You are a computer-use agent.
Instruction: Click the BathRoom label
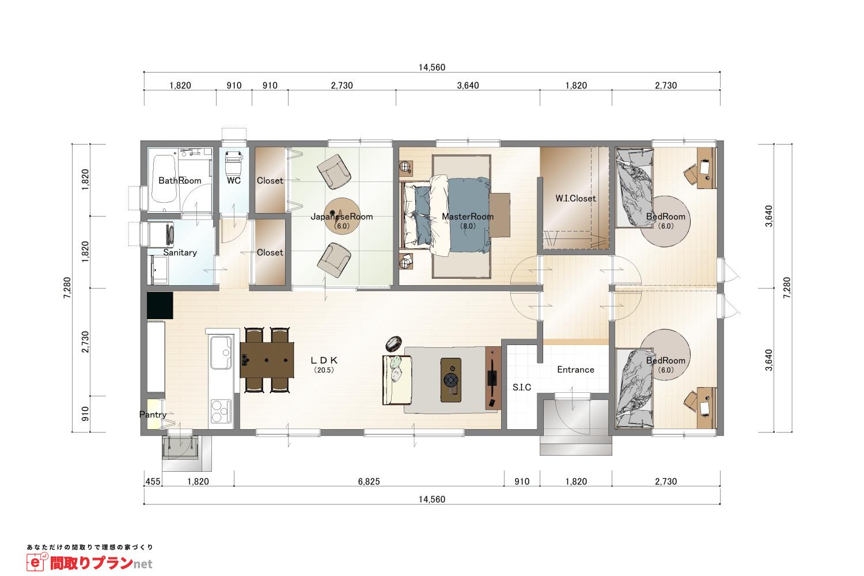click(x=180, y=180)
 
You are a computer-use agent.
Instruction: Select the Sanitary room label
click(x=180, y=253)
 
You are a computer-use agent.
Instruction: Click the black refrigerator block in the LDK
click(x=160, y=305)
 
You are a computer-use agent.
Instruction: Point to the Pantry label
click(x=153, y=415)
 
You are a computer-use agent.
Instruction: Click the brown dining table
click(x=267, y=360)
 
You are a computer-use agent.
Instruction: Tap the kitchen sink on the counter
click(x=221, y=353)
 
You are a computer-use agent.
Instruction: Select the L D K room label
click(x=324, y=361)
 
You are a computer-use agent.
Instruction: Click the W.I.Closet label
click(x=575, y=199)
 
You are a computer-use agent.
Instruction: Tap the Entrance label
click(x=575, y=370)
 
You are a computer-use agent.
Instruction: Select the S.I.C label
click(x=521, y=387)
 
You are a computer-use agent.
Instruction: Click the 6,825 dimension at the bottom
click(x=369, y=482)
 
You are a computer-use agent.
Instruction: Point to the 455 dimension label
click(x=153, y=482)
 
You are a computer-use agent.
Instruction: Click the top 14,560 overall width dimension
click(x=432, y=67)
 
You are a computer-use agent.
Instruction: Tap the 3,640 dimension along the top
click(x=468, y=85)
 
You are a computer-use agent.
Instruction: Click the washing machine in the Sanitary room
click(x=161, y=234)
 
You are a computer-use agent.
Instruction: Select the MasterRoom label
click(x=468, y=217)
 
